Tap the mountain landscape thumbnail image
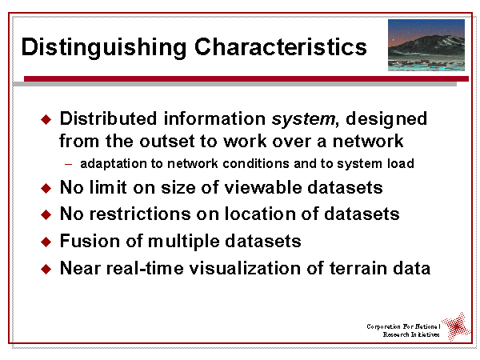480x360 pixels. point(426,46)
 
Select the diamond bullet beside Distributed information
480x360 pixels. point(46,120)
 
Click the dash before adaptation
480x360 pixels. point(69,164)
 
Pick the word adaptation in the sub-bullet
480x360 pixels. point(112,164)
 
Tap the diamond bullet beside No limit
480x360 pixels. point(46,189)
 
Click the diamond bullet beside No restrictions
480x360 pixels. point(46,215)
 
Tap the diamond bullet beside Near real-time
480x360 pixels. point(46,269)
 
